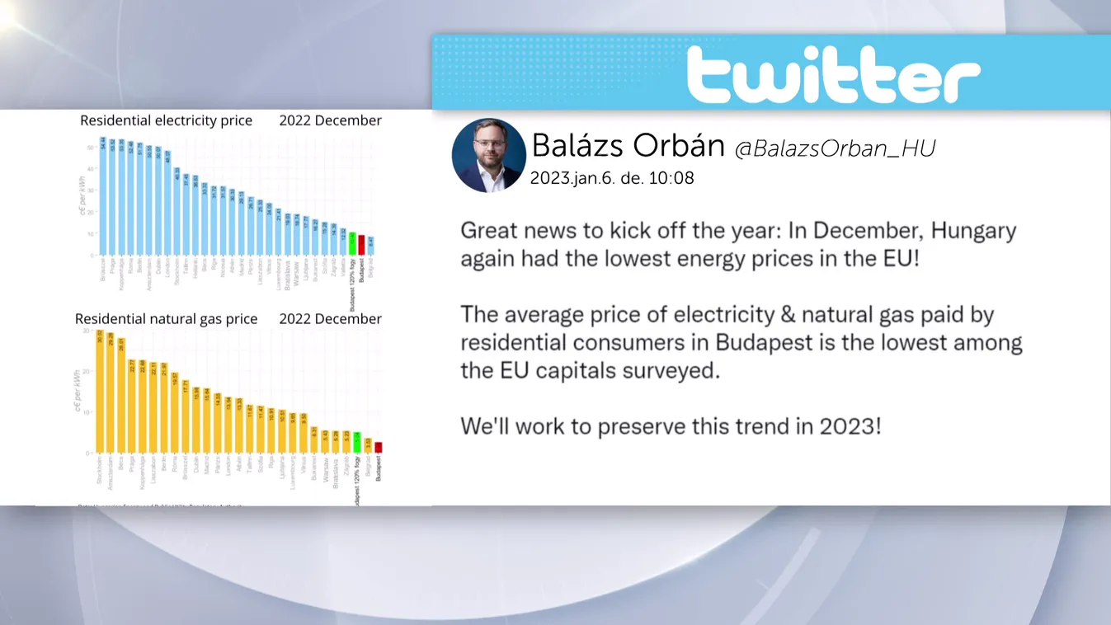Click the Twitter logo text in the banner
tap(833, 74)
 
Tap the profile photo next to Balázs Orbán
tap(488, 155)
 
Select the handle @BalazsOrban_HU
tap(835, 148)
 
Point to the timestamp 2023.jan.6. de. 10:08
tap(611, 178)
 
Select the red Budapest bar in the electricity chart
tap(361, 245)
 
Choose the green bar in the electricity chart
tap(352, 243)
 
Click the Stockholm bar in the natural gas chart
tap(100, 391)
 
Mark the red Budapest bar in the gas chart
tap(379, 447)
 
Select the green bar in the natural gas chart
tap(357, 442)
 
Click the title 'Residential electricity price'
tap(166, 120)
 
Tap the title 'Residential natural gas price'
tap(166, 319)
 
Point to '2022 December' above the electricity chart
tap(330, 120)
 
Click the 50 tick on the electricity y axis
tap(91, 148)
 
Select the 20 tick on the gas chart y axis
tap(87, 372)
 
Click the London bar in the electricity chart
tap(167, 203)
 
